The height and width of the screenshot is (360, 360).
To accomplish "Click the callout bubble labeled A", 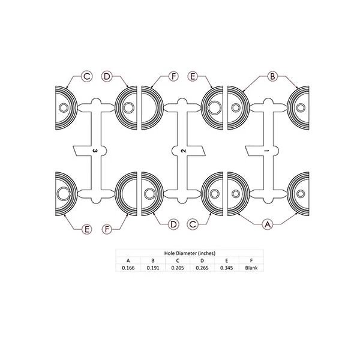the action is (x=268, y=224).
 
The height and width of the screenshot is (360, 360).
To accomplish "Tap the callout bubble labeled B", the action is (x=272, y=76).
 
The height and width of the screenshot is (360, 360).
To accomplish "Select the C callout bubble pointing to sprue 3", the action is (x=87, y=76).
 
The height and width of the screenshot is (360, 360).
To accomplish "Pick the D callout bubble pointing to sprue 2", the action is (x=173, y=224).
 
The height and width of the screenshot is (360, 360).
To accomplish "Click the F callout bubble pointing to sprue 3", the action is (x=107, y=229).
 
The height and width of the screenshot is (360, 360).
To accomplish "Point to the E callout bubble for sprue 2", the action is (x=193, y=76).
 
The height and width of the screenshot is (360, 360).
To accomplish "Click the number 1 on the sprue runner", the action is (x=266, y=151).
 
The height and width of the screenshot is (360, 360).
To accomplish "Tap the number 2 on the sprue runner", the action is (x=183, y=151).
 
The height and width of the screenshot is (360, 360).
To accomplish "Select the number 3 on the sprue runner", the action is (x=95, y=151).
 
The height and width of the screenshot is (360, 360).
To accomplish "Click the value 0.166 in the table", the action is (x=128, y=268).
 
